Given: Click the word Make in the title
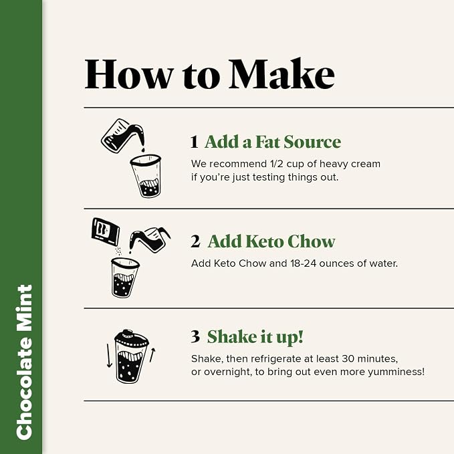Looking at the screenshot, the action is pos(281,74).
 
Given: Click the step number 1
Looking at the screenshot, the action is pos(194,142).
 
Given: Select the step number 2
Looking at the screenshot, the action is pos(195,241).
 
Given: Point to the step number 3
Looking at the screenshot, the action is pos(195,336).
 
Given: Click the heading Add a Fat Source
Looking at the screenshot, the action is pos(273,142).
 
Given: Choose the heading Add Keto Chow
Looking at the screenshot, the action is pos(271,241).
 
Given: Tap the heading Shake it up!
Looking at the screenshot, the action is pos(255,337).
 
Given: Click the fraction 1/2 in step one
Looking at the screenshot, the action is pos(277,164).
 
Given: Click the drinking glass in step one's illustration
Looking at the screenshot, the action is pos(146,176).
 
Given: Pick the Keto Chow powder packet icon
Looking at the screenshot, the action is pos(106,232).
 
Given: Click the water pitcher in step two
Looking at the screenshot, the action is pos(149,239).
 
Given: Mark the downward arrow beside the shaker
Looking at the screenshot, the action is pos(109,356).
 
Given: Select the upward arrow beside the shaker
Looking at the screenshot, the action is pos(152,354).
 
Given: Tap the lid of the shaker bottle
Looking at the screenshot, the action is pos(131,338).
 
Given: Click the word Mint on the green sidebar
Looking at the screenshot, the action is pos(24,308).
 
